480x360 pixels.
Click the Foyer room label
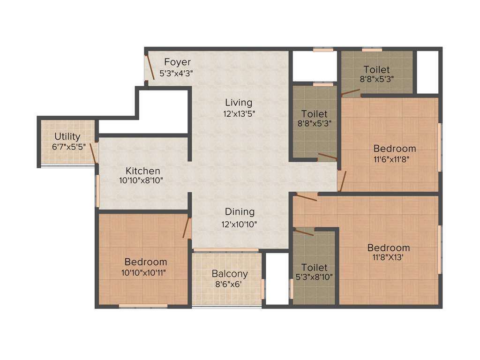point(177,62)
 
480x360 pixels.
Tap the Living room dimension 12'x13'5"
point(239,113)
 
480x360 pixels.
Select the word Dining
point(240,212)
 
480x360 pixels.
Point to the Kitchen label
point(143,171)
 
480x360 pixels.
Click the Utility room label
point(67,137)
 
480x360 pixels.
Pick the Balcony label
point(230,274)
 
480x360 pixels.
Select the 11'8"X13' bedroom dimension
point(389,257)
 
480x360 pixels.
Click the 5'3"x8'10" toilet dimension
point(314,277)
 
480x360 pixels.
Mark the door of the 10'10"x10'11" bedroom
point(187,228)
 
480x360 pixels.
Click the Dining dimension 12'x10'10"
point(239,225)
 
